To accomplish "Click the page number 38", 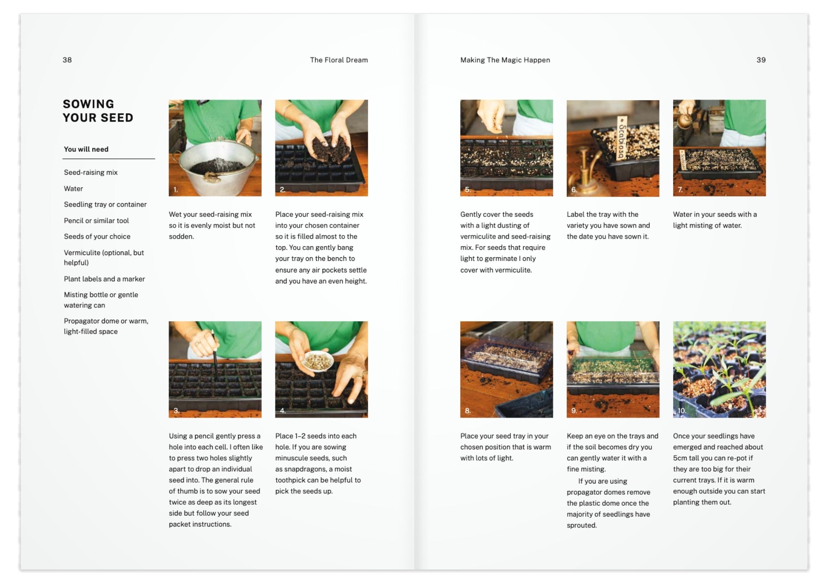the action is pos(67,60).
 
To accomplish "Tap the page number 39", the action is pos(761,60).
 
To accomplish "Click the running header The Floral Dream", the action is pos(339,60).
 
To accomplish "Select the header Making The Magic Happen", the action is pos(505,60).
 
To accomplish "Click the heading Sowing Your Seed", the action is pos(98,111).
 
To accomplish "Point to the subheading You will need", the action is pos(86,149).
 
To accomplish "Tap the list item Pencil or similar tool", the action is pos(96,220).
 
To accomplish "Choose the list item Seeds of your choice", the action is pos(97,236).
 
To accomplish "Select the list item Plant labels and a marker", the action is pos(104,279).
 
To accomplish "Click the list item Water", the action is pos(73,189).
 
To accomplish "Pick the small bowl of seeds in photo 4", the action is pos(317,361).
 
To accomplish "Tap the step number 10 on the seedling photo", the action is pos(682,411).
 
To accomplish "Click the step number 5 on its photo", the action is pos(467,189).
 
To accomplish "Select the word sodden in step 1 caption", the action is pos(181,236).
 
